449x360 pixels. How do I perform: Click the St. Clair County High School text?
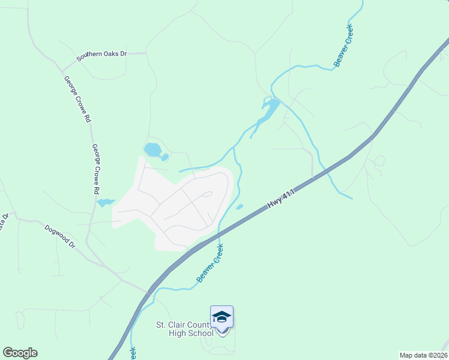coord(184,329)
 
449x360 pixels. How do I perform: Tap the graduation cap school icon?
coord(221,317)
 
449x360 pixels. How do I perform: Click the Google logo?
coord(20,353)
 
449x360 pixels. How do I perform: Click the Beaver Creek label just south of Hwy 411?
coord(210,263)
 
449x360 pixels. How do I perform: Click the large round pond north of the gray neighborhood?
coord(152,149)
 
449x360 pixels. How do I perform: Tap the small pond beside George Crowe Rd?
coord(104,203)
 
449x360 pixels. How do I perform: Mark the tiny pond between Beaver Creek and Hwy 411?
coord(240,208)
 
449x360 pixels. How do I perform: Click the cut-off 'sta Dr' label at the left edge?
coord(3,221)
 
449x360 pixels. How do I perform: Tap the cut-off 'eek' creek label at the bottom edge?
coord(132,353)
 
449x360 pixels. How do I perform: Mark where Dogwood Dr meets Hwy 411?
coord(149,292)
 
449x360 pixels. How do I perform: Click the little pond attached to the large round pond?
coord(164,158)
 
